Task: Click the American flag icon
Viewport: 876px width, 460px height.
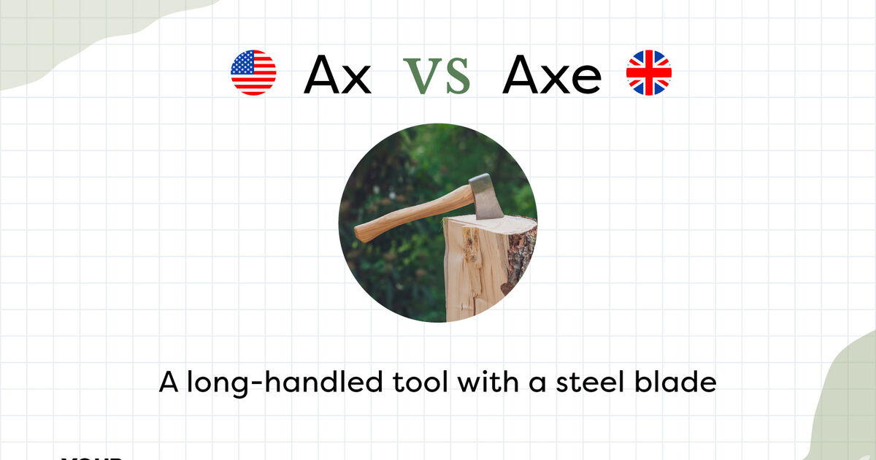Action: click(x=253, y=73)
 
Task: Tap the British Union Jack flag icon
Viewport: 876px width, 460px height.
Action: click(x=649, y=73)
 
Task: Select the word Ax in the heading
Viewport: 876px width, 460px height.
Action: click(x=337, y=74)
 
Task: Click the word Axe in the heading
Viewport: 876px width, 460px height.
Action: click(x=552, y=74)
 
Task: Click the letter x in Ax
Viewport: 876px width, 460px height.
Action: click(x=356, y=78)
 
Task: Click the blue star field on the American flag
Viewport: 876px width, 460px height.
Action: click(x=242, y=63)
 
